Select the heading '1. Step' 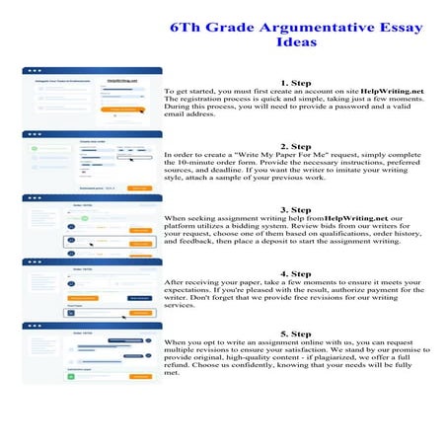pyautogui.click(x=296, y=83)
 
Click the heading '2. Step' pyautogui.click(x=296, y=146)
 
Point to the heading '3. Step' pyautogui.click(x=296, y=209)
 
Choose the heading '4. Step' pyautogui.click(x=296, y=272)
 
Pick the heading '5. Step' pyautogui.click(x=296, y=334)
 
